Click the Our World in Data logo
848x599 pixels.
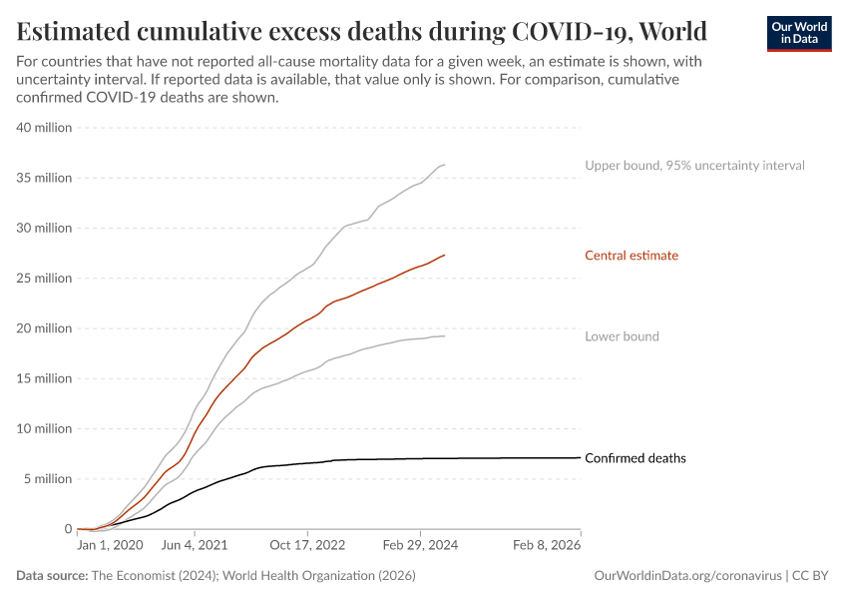tap(798, 33)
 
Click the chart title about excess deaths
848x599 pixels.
tap(362, 30)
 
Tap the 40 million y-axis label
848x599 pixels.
tap(43, 128)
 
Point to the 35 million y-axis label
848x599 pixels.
tap(43, 178)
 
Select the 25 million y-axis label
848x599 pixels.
tap(43, 278)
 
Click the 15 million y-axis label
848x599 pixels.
tap(43, 378)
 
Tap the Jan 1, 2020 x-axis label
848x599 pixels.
tap(111, 546)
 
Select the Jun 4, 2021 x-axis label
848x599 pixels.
tap(196, 546)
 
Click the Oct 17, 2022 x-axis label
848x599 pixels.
tap(308, 546)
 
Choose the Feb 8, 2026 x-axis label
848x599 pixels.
tap(547, 546)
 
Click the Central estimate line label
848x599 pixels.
tap(632, 256)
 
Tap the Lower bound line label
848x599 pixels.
tap(622, 336)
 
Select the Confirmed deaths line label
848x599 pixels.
tap(636, 458)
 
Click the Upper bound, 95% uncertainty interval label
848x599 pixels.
tap(694, 165)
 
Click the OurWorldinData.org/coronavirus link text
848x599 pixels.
tap(687, 576)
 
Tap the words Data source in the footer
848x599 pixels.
tap(52, 576)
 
